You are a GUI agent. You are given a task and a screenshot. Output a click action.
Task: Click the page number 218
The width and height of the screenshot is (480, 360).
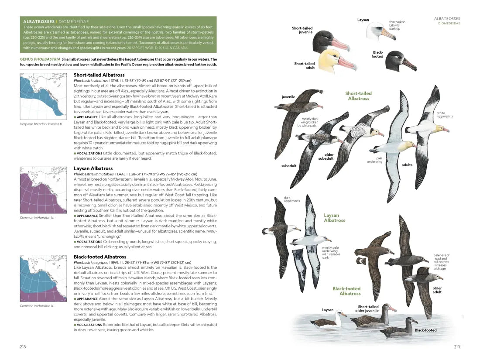click(23, 347)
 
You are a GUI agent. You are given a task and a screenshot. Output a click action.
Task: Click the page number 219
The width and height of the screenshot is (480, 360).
click(457, 347)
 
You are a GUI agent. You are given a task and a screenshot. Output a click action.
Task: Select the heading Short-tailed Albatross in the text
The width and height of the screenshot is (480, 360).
click(99, 75)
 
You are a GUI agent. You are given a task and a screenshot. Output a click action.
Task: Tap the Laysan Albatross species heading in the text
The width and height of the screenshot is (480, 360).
click(93, 168)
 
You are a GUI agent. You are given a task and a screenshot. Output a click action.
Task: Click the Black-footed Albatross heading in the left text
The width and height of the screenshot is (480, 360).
click(100, 257)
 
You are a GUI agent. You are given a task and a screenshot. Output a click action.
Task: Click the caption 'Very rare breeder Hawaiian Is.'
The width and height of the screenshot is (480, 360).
click(41, 124)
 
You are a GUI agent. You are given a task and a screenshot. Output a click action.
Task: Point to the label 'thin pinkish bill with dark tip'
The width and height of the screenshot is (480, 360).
click(397, 26)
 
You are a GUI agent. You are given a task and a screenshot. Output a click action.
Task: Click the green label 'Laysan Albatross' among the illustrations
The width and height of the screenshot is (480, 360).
click(334, 218)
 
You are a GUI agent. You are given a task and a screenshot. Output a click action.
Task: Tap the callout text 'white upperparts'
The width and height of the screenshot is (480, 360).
click(445, 115)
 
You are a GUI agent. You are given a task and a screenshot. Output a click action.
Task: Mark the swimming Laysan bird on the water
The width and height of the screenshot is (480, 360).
click(327, 322)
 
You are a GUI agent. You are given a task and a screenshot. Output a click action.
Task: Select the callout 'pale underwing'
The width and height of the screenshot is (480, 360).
click(376, 160)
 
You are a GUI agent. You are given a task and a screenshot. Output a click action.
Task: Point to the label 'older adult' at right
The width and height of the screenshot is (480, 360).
click(437, 290)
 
